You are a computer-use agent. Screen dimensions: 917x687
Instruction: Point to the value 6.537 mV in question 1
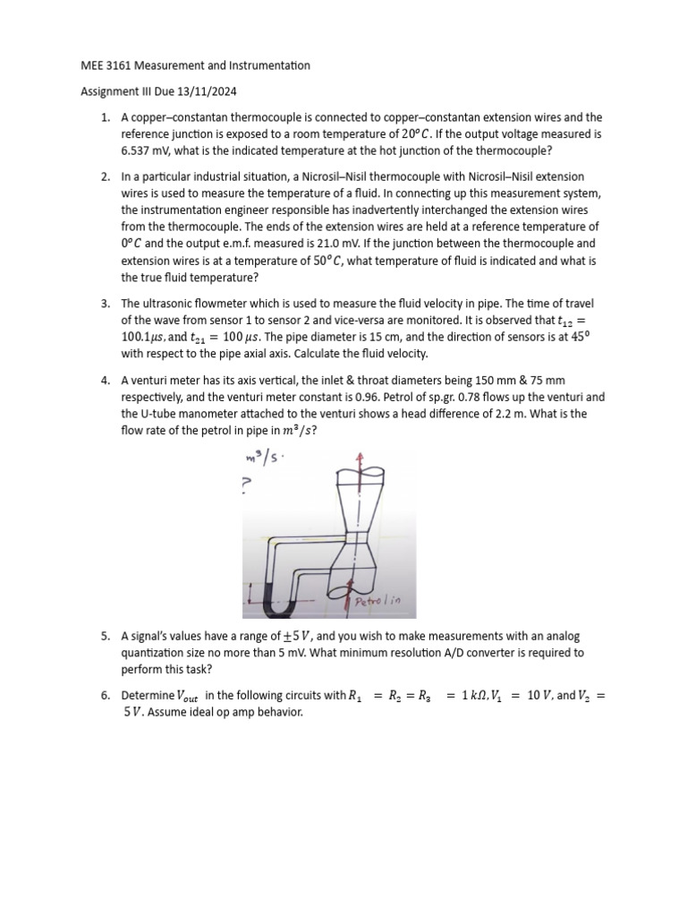click(140, 150)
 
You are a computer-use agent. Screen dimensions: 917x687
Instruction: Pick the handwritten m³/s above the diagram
click(259, 458)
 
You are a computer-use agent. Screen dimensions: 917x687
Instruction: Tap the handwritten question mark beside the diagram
click(247, 484)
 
